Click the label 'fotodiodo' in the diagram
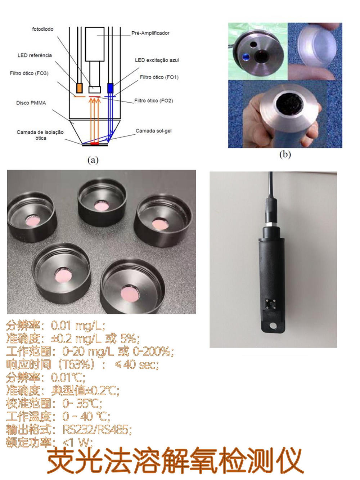pyautogui.click(x=42, y=29)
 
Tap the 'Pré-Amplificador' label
pyautogui.click(x=150, y=33)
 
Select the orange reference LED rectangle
pyautogui.click(x=79, y=88)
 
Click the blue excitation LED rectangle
pyautogui.click(x=111, y=88)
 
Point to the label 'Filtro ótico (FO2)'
pyautogui.click(x=153, y=100)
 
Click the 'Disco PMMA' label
pyautogui.click(x=31, y=103)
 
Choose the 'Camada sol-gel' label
pyautogui.click(x=153, y=131)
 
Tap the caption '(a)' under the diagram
pyautogui.click(x=93, y=160)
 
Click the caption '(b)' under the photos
pyautogui.click(x=285, y=154)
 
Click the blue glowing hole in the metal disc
pyautogui.click(x=246, y=57)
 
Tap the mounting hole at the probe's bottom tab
pyautogui.click(x=273, y=326)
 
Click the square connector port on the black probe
pyautogui.click(x=271, y=304)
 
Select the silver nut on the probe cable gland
pyautogui.click(x=271, y=225)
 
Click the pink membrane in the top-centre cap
pyautogui.click(x=102, y=206)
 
